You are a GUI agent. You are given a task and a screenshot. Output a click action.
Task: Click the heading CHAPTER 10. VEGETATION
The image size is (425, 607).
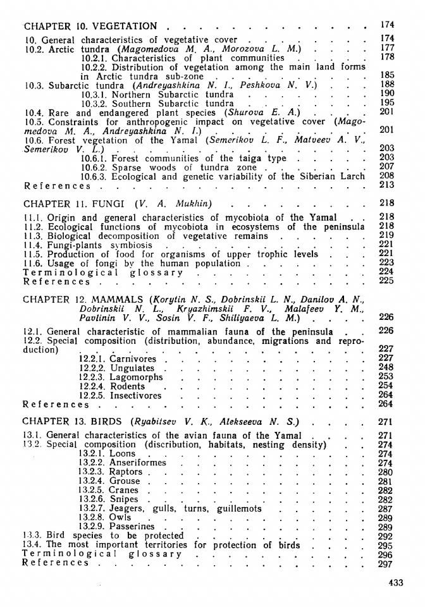coord(90,26)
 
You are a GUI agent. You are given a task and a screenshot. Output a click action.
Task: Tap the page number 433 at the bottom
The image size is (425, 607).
coord(395,583)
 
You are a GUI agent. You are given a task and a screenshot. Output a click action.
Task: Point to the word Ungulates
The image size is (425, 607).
coord(132,368)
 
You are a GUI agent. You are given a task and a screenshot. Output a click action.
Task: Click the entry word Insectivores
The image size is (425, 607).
coord(136,395)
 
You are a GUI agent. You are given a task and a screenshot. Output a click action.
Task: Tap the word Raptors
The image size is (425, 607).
coord(126,472)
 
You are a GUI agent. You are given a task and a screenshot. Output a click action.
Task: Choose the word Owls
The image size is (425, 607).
coord(121,517)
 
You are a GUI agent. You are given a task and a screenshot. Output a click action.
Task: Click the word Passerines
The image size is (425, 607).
coord(132,526)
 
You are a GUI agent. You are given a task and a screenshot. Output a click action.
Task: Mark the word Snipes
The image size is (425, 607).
coord(125,499)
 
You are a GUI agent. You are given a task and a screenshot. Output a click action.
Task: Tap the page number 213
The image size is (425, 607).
coord(388,185)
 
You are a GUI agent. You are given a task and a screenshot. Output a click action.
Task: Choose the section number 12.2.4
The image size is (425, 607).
coord(93,386)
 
